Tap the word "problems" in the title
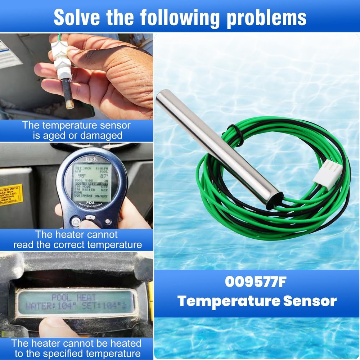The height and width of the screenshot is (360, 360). point(266,17)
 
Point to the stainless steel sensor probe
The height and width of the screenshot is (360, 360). point(216,144)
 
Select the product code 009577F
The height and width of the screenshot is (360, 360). point(256,282)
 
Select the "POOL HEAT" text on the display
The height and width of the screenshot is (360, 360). point(74,297)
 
